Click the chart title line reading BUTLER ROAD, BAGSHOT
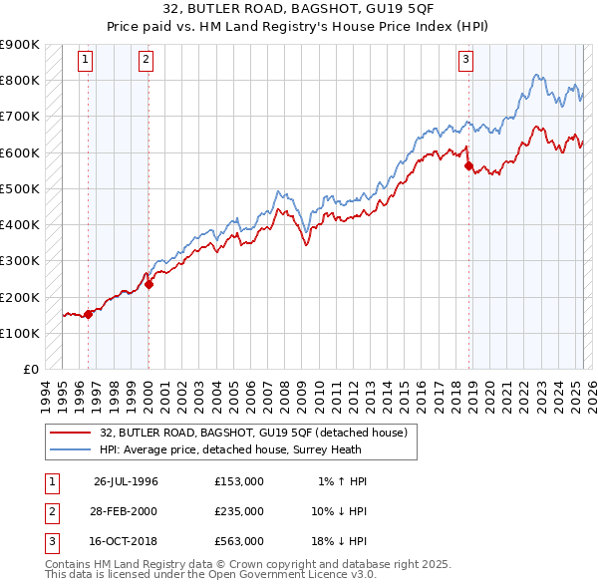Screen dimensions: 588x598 click(x=298, y=10)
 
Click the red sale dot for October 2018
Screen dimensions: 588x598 click(x=468, y=166)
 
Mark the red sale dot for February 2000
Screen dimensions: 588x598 click(x=149, y=284)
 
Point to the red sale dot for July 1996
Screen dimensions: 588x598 click(x=88, y=314)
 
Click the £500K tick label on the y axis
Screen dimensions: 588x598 click(x=20, y=188)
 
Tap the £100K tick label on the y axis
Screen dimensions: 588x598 click(x=20, y=333)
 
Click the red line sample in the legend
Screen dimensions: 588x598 click(x=70, y=433)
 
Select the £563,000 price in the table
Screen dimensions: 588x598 click(x=239, y=541)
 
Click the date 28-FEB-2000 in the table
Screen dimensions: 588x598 click(x=126, y=511)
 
